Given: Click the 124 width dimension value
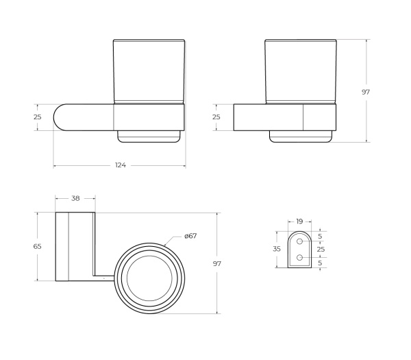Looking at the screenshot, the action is tap(121, 165).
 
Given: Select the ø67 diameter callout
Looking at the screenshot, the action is tap(190, 236).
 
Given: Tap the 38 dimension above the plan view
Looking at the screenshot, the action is tap(75, 198).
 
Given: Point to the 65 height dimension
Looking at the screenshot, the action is tap(38, 246).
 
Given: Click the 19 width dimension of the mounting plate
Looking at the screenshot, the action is tap(299, 221).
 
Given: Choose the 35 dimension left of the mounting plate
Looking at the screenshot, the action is tap(277, 249).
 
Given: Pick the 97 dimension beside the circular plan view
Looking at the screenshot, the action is tap(217, 263).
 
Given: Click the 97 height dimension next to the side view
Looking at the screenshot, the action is tap(366, 92).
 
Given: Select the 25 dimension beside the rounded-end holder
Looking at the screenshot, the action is tap(38, 117).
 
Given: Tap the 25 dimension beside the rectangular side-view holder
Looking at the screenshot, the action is tap(216, 117).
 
